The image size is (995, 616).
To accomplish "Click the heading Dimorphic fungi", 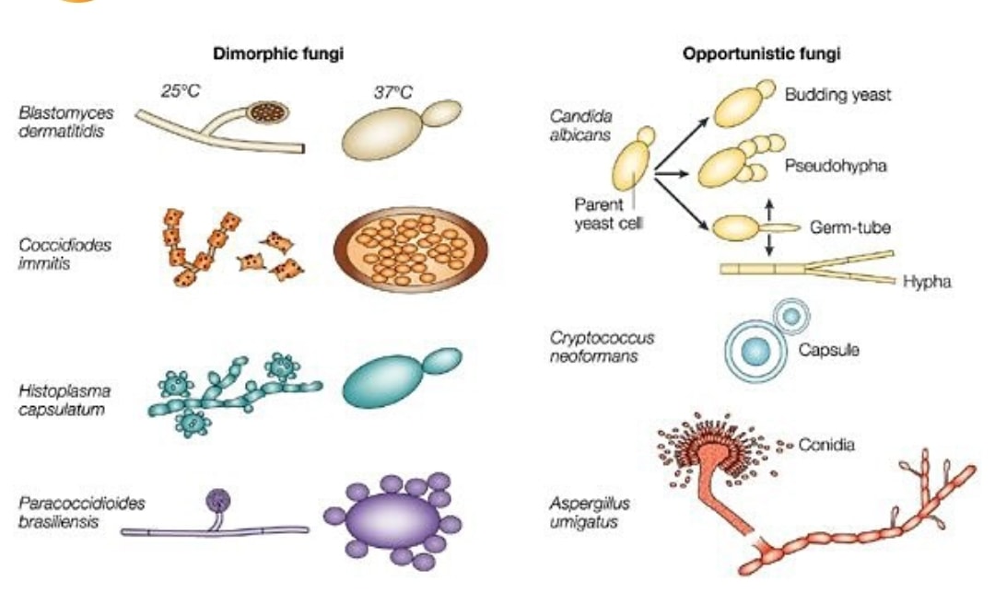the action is click(x=278, y=53).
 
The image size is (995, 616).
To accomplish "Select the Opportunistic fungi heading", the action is click(x=762, y=53).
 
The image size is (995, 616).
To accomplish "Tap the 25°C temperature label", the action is click(x=181, y=91).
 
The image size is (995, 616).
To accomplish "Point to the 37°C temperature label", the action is click(x=392, y=93).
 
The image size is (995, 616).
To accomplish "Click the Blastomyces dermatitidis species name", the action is click(x=66, y=122).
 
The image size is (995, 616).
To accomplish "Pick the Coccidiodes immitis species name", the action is click(x=64, y=254).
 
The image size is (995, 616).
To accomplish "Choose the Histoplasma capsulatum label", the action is click(x=64, y=400).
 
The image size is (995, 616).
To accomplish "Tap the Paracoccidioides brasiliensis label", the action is click(x=81, y=512).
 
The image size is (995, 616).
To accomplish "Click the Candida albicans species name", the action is click(x=580, y=125).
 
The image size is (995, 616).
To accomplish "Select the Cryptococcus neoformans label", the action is click(x=602, y=346).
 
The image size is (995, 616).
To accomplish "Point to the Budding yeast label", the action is click(x=837, y=95).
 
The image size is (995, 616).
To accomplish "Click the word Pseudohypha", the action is click(x=836, y=166).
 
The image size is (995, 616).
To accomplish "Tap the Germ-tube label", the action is click(x=849, y=227).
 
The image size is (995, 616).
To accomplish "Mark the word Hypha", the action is click(x=927, y=282).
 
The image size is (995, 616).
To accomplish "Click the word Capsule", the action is click(x=829, y=350).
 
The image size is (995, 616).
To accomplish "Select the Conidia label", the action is click(x=826, y=445).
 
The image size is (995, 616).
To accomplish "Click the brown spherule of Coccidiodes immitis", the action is click(x=411, y=250).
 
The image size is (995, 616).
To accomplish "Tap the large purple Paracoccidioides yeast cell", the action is click(x=392, y=520).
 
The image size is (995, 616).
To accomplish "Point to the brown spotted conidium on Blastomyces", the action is click(x=267, y=112).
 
